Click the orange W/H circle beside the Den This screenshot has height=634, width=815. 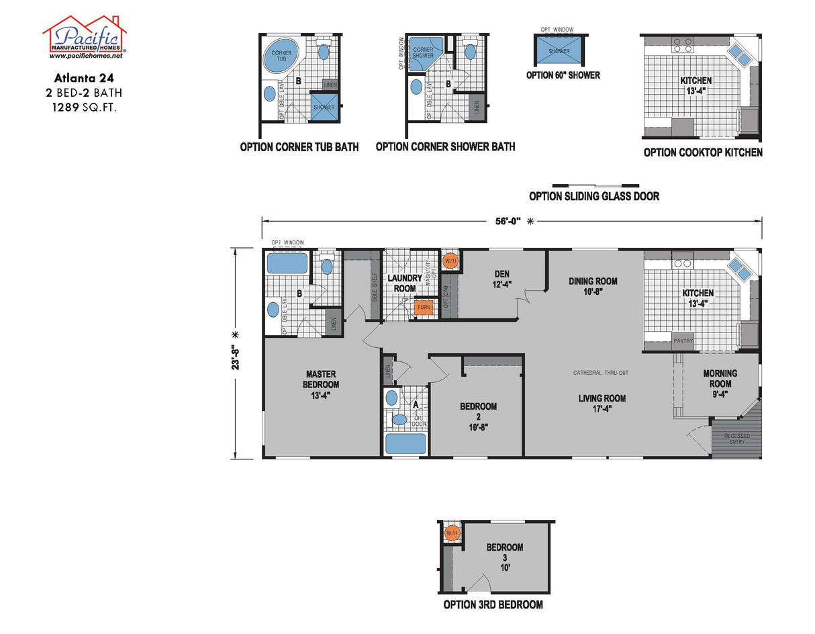[x=450, y=260]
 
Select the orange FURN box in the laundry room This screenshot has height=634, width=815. [x=424, y=307]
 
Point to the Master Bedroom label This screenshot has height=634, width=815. [x=322, y=384]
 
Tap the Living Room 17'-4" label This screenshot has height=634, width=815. [x=602, y=403]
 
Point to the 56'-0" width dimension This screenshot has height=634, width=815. [x=511, y=220]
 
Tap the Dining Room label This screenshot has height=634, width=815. [x=593, y=286]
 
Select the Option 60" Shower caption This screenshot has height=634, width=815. [x=563, y=75]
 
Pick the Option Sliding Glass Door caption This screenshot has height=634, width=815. [x=593, y=196]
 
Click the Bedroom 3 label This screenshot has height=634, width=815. [x=505, y=552]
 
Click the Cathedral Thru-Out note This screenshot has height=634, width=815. [x=600, y=373]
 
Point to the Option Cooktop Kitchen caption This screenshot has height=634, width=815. [x=702, y=152]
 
